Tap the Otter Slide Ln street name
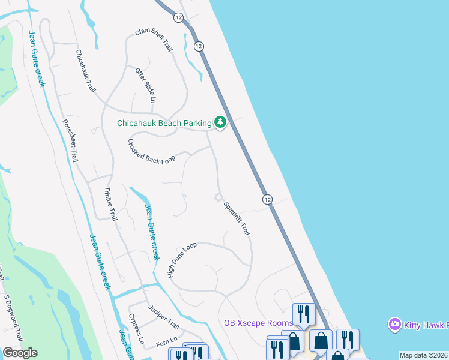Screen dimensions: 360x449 tap(145, 86)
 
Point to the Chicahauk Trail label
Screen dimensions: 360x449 tap(85, 70)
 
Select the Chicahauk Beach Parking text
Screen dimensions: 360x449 tap(164, 123)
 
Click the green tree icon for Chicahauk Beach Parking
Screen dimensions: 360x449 tap(220, 123)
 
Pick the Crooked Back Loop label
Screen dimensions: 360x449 tap(151, 151)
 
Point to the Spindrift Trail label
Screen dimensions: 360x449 tap(236, 218)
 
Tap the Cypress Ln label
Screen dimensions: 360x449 tap(136, 329)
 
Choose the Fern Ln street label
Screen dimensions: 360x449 tap(167, 343)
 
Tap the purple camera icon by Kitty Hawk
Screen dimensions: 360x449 tap(394, 324)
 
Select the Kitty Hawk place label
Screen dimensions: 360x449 tap(426, 325)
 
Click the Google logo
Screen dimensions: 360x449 tap(20, 353)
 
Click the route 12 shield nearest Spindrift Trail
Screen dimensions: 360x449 tap(267, 199)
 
